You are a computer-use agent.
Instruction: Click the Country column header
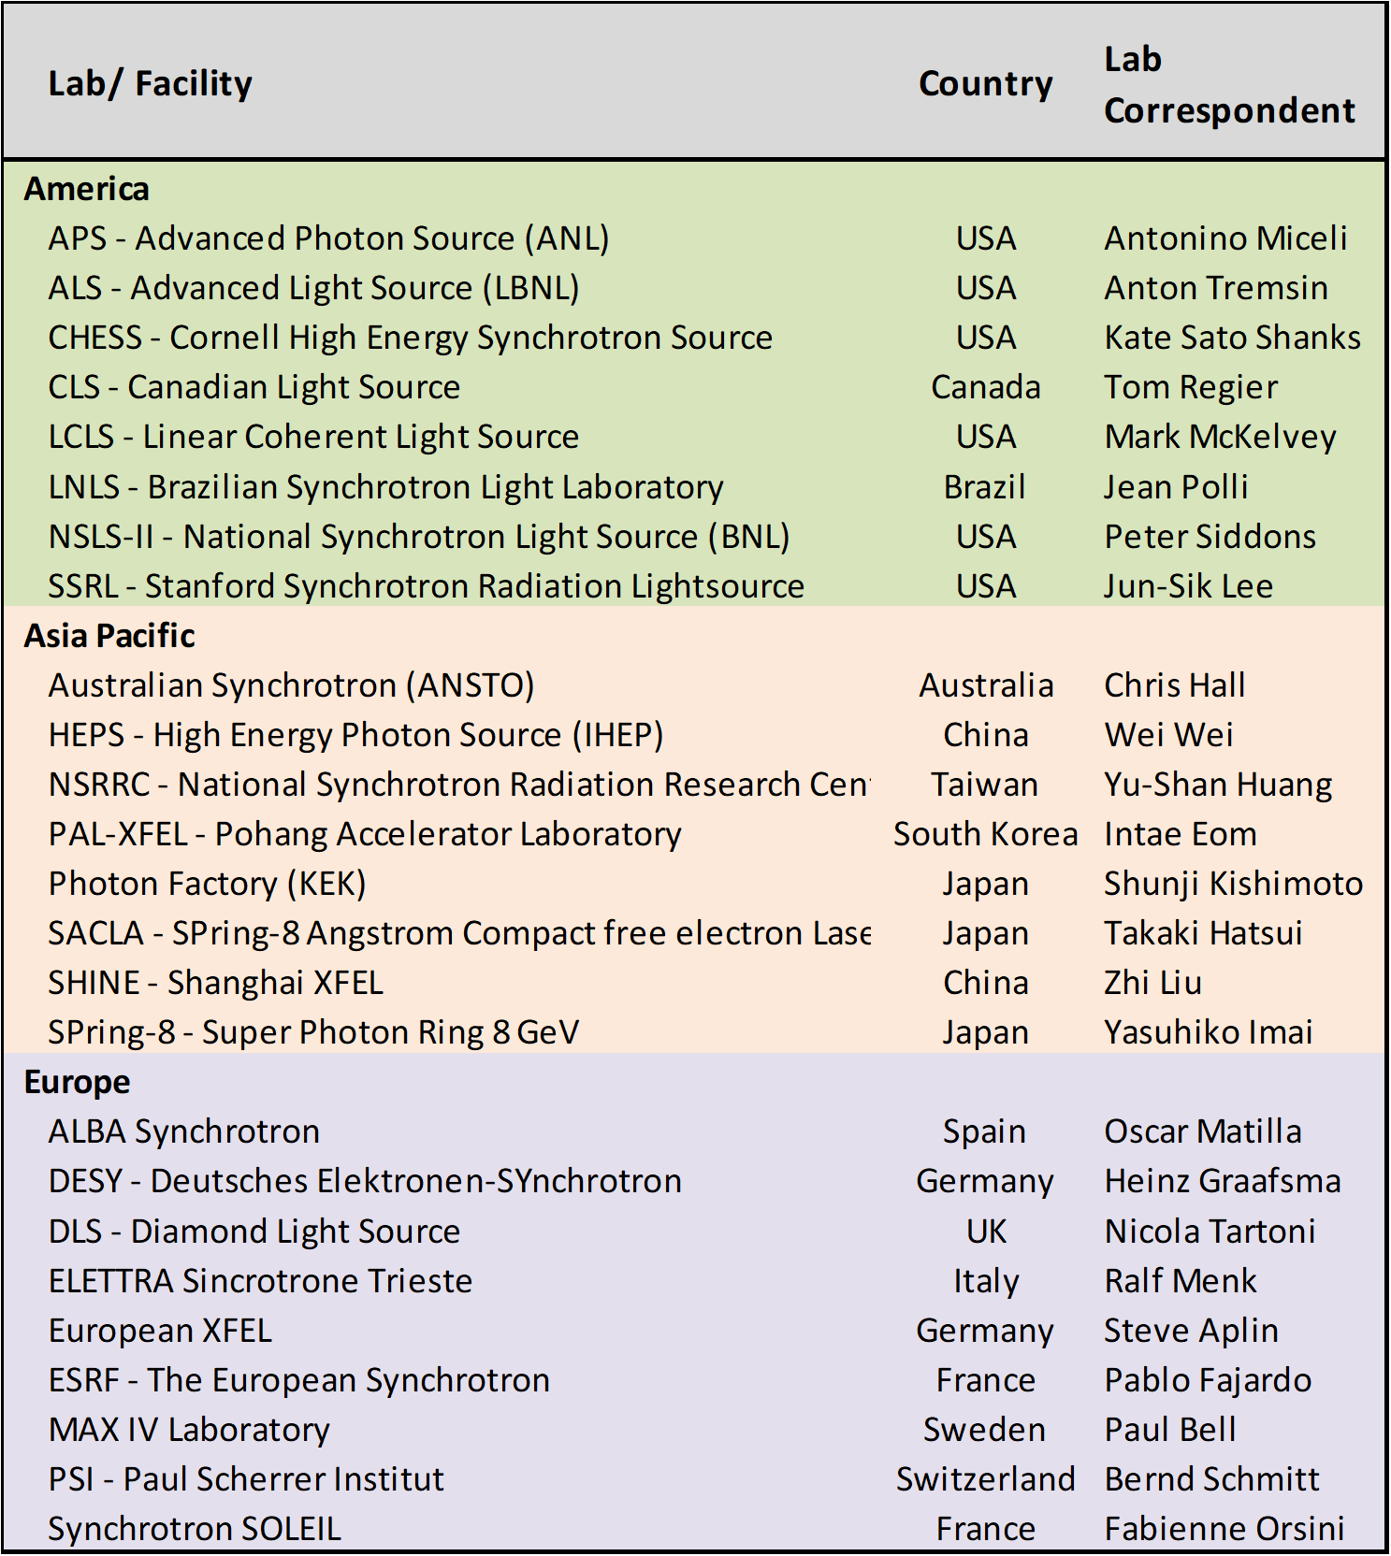tap(985, 84)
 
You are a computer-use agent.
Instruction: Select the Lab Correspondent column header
tap(1228, 85)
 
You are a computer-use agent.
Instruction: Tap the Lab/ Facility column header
tap(150, 84)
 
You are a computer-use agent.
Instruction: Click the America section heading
tap(87, 189)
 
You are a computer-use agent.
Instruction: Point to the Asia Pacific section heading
tap(109, 636)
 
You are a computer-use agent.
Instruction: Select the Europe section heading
tap(78, 1082)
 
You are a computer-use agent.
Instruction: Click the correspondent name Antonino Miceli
tap(1225, 238)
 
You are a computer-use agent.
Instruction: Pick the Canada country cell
tap(985, 387)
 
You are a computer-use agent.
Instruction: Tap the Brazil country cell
tap(985, 487)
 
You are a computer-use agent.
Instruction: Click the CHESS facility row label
tap(410, 338)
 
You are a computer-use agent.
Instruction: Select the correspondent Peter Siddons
tap(1210, 537)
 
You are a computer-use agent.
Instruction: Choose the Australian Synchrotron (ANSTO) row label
tap(291, 685)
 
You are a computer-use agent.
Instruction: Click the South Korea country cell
tap(985, 834)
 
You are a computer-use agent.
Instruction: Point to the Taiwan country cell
tap(985, 785)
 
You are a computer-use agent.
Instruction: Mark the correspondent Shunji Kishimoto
tap(1233, 884)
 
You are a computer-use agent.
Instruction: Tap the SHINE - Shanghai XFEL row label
tap(215, 983)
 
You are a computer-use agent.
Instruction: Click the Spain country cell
tap(985, 1131)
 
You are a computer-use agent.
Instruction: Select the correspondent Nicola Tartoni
tap(1210, 1232)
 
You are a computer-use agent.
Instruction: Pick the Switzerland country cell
tap(985, 1479)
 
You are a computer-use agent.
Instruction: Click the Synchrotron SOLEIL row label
tap(195, 1529)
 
